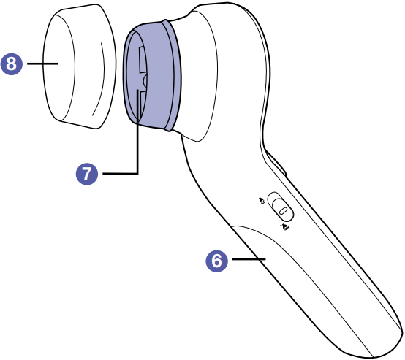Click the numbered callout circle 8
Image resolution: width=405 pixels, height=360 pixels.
pyautogui.click(x=12, y=64)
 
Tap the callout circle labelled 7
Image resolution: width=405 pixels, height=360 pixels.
pyautogui.click(x=87, y=174)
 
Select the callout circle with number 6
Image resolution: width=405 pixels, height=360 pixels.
pyautogui.click(x=216, y=261)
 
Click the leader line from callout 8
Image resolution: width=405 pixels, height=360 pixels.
pyautogui.click(x=42, y=64)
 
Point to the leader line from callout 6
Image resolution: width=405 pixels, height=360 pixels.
pyautogui.click(x=249, y=258)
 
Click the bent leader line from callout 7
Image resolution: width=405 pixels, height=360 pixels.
pyautogui.click(x=137, y=145)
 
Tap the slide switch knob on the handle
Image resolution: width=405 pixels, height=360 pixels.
pyautogui.click(x=283, y=210)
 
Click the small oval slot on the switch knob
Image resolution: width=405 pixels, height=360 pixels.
pyautogui.click(x=284, y=210)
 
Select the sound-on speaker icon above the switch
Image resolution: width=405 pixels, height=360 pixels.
pyautogui.click(x=262, y=201)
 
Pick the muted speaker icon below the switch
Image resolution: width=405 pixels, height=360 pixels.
pyautogui.click(x=285, y=227)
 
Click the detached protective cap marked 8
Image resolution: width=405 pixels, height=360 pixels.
pyautogui.click(x=79, y=66)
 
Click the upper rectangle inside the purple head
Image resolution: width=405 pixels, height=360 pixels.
pyautogui.click(x=143, y=60)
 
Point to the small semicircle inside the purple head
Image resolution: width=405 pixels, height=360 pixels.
pyautogui.click(x=145, y=81)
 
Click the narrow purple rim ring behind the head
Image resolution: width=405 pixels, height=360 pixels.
pyautogui.click(x=173, y=75)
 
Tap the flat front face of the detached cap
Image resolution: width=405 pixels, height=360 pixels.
pyautogui.click(x=58, y=67)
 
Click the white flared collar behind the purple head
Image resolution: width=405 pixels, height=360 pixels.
pyautogui.click(x=197, y=74)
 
